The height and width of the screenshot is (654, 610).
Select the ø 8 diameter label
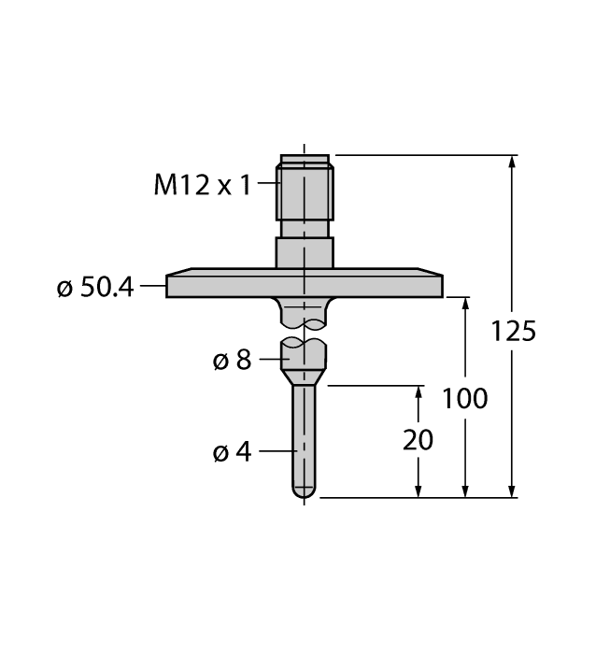click(x=232, y=360)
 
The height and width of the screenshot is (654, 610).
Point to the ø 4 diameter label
click(x=232, y=453)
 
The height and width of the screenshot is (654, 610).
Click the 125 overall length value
click(x=513, y=331)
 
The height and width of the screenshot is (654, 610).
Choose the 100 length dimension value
click(x=465, y=398)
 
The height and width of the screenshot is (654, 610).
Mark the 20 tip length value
click(x=418, y=440)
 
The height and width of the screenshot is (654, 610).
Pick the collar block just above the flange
click(x=304, y=252)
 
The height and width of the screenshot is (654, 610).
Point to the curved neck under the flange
click(x=305, y=312)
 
